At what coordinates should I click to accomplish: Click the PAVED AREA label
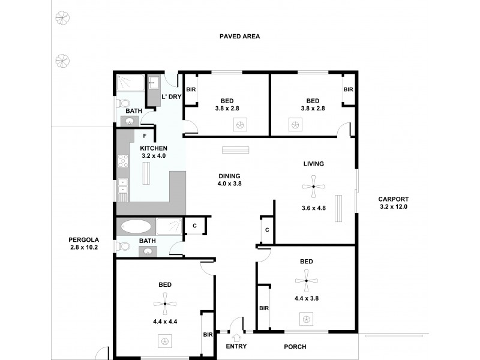239,37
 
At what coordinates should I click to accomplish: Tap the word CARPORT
394,199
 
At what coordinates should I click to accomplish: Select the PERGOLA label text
83,239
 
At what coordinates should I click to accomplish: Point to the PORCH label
295,347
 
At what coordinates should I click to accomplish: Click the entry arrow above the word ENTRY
235,337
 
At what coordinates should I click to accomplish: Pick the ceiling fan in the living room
313,187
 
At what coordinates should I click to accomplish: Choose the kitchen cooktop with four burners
123,161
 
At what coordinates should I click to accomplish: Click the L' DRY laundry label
172,97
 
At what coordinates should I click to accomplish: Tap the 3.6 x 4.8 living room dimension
313,208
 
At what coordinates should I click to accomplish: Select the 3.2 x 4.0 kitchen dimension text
153,156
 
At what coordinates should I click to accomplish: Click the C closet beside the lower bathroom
194,226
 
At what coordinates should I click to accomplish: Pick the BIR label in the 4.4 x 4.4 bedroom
208,335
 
